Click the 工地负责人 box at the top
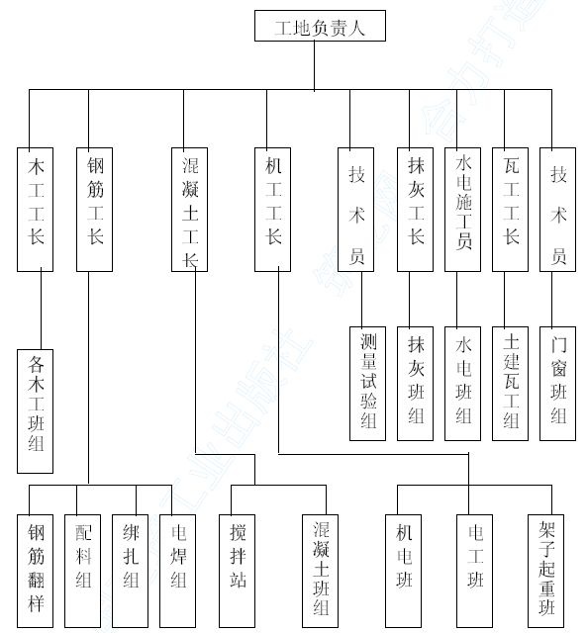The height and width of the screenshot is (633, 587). coord(320,26)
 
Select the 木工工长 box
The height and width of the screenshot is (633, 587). coord(36,210)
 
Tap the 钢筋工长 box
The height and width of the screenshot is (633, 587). coord(95,210)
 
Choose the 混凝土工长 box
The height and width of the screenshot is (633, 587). coord(189,210)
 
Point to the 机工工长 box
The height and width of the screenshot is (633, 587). coord(272,210)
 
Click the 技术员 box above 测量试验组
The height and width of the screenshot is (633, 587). coord(356,210)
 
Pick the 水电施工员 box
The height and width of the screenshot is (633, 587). coord(463,210)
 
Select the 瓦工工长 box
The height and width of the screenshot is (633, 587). coord(510,210)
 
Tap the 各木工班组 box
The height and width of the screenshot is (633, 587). coord(36,411)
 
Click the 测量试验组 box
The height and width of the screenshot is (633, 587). coord(367,384)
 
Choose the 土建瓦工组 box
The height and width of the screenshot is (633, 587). coord(510,384)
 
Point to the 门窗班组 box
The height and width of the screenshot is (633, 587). coord(558,384)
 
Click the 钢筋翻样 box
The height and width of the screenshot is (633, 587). coord(36,572)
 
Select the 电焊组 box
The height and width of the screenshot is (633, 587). coord(178,572)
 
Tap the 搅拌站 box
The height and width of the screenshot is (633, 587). coord(238,572)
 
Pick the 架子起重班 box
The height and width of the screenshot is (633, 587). coord(545,572)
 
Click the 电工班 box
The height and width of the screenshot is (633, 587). coord(475,572)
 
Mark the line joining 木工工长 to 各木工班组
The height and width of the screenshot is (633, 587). coord(41,310)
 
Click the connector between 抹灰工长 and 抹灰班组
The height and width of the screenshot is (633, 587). coord(409,299)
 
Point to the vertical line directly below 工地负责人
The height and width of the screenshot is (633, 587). coord(315,66)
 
